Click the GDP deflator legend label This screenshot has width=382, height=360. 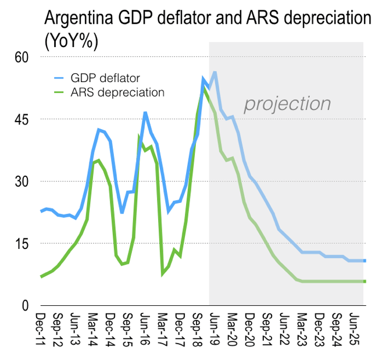click(105, 77)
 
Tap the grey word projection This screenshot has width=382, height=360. click(287, 104)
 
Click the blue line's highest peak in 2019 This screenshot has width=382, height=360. click(215, 72)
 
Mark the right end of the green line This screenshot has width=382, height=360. click(365, 281)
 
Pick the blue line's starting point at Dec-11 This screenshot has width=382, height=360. click(41, 211)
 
